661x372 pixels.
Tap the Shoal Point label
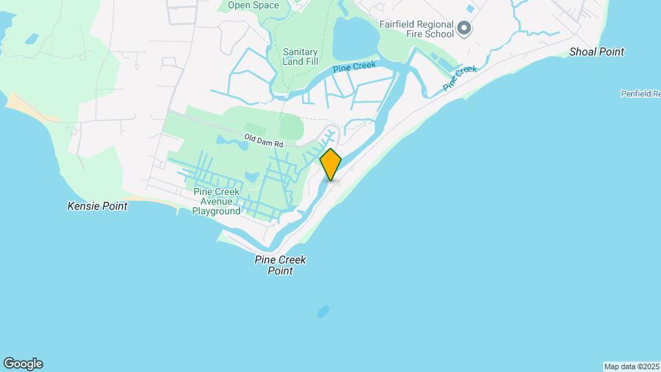coord(597,52)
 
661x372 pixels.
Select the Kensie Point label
coord(97,206)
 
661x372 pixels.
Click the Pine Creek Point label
coord(280,265)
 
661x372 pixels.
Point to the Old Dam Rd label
coord(264,141)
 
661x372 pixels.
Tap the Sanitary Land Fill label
coord(300,56)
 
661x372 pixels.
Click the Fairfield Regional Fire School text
coord(417,28)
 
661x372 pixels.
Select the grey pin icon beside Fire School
coord(464,28)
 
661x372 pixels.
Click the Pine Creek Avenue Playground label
coord(216,201)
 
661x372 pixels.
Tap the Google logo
coord(23,364)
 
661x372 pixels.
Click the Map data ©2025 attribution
coord(631,366)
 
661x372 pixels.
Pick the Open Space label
coord(253,6)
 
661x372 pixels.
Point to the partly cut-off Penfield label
coord(640,94)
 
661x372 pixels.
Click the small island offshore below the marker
coord(323,312)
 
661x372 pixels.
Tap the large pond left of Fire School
coord(355,39)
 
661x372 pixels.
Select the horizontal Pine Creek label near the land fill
coord(354,68)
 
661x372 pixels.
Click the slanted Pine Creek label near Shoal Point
coord(459,77)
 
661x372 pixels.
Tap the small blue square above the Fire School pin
coord(470,9)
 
